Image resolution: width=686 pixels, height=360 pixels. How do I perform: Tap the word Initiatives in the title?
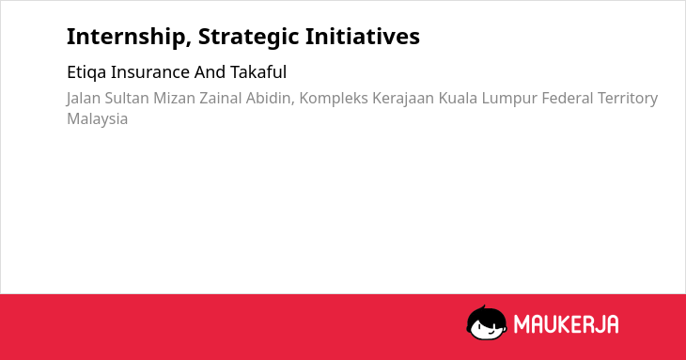[362, 37]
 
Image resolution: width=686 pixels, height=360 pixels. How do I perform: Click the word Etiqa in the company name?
[86, 72]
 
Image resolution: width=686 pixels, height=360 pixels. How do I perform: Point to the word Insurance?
[150, 72]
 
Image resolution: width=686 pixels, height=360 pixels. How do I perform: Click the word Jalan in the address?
[83, 99]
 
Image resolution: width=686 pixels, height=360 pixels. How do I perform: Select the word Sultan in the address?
[127, 98]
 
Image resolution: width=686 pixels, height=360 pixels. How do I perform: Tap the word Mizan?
[174, 98]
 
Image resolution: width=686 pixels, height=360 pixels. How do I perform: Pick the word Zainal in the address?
[221, 98]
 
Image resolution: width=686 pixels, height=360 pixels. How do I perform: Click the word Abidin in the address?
[271, 99]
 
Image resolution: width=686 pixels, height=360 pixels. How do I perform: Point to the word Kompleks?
[334, 99]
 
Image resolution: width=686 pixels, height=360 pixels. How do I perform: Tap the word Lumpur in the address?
[509, 99]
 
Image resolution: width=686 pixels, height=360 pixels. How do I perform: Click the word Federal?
[568, 98]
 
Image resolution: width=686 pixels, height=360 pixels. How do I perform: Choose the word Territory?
[628, 99]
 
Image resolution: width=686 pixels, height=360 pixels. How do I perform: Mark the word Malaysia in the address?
[97, 119]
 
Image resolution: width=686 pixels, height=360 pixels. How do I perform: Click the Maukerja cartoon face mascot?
[487, 323]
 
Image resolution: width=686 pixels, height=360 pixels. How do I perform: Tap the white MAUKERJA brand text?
[566, 324]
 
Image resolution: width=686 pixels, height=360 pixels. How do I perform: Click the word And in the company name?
[210, 71]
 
